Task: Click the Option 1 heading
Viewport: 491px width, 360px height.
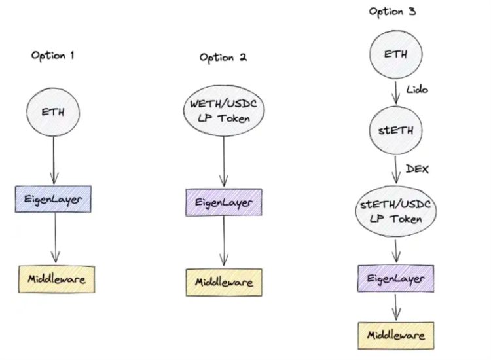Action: pos(53,55)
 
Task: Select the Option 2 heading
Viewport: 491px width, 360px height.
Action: pos(223,57)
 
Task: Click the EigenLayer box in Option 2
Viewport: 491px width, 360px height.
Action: pos(225,202)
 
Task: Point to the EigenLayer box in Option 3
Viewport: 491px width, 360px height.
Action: pos(395,279)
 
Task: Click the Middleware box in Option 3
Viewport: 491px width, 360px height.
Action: pos(395,335)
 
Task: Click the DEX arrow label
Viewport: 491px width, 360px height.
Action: pos(417,169)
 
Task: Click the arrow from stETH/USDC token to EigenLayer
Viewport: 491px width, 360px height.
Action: pos(395,250)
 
